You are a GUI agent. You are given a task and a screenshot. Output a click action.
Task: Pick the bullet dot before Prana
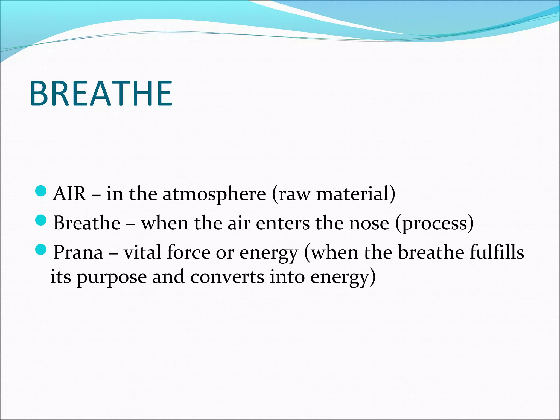41,249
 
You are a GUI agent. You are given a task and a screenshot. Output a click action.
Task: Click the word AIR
69,194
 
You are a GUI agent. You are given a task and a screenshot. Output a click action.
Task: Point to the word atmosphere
214,194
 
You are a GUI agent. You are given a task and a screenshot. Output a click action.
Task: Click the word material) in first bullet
356,194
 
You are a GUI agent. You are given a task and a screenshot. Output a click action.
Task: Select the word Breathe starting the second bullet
87,223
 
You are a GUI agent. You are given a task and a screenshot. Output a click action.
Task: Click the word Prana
78,252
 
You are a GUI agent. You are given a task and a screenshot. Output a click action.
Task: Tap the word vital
142,252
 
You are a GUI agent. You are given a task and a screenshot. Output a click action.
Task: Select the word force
188,252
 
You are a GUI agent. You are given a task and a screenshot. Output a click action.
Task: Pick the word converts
227,277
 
